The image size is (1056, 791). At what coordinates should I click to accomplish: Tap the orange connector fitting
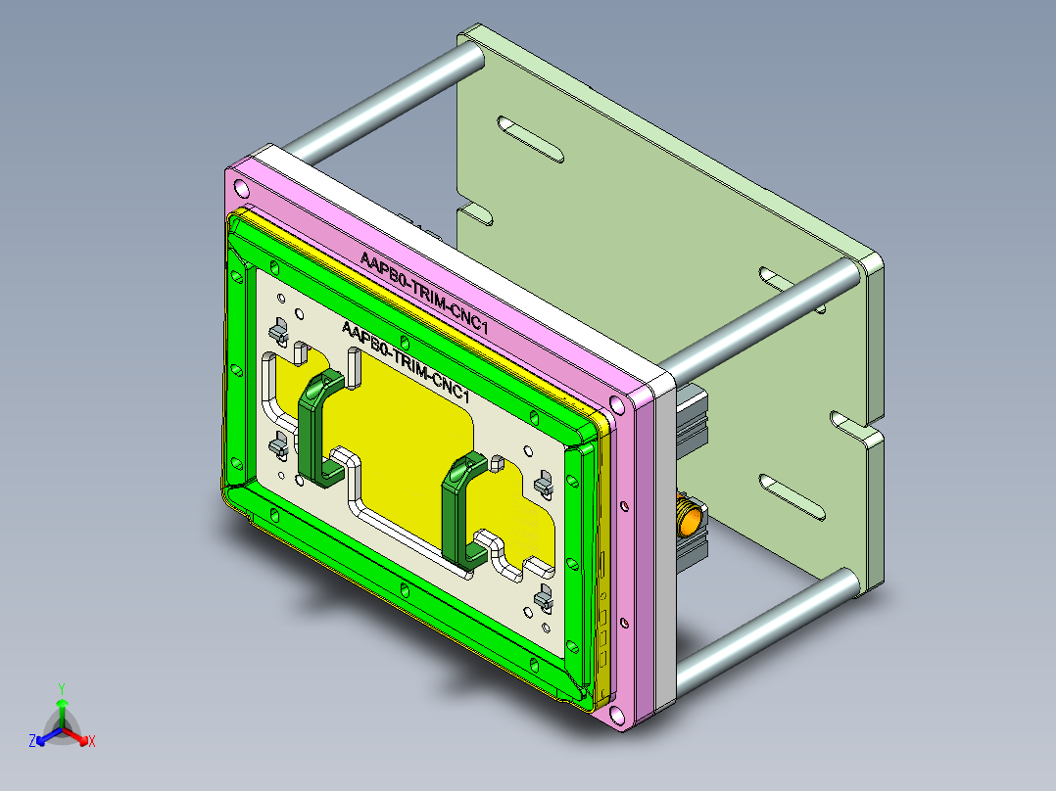(x=690, y=517)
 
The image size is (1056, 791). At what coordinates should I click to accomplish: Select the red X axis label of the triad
(x=92, y=741)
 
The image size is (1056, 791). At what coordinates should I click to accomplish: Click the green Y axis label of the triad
(x=62, y=688)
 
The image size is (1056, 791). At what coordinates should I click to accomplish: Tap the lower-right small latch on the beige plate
(x=542, y=596)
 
